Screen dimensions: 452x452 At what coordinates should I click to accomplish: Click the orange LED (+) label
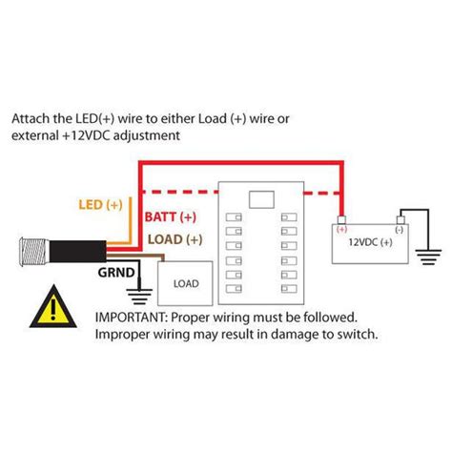tap(98, 206)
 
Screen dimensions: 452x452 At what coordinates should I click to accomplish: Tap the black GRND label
tap(115, 273)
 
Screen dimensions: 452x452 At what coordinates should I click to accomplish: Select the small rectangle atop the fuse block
tap(258, 200)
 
